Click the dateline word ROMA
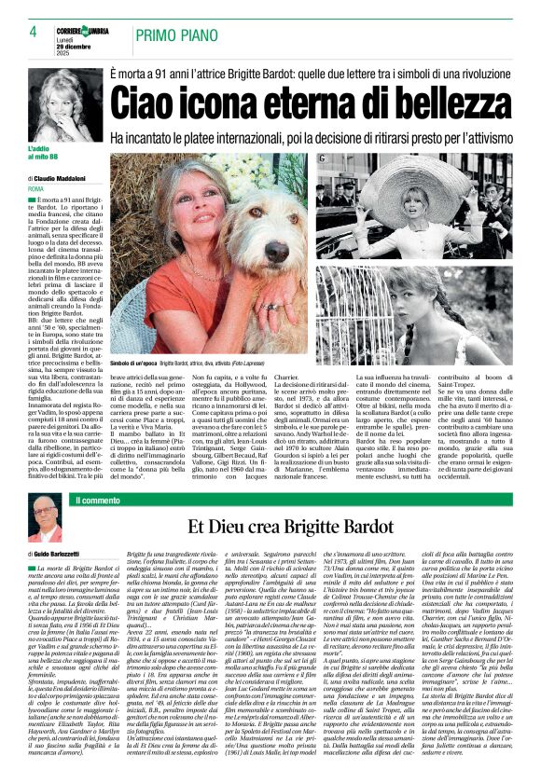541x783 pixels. tap(36, 188)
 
